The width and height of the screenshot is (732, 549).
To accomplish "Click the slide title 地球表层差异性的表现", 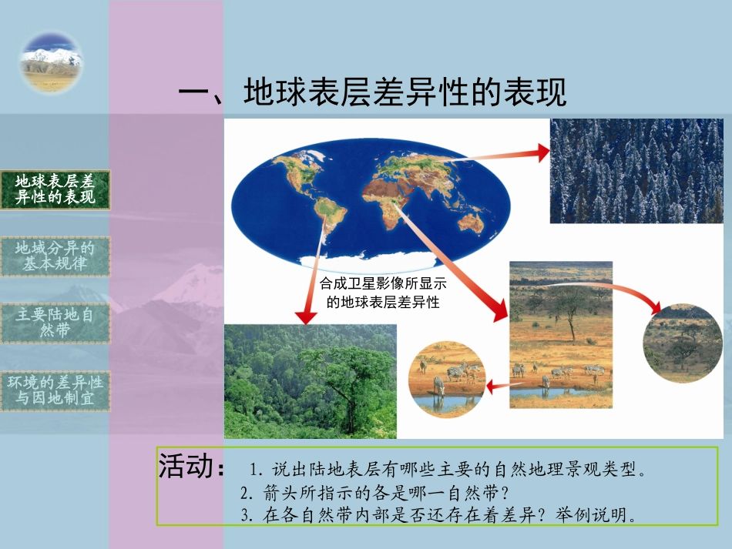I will point(372,94).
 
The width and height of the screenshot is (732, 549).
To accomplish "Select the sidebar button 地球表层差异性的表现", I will point(55,190).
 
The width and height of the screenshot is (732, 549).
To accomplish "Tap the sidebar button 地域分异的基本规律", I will point(55,256).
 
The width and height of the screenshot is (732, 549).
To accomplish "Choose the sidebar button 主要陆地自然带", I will point(55,323).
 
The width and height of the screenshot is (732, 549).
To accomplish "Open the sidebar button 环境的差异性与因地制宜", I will point(55,390).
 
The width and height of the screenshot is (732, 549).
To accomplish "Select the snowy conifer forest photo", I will point(636,171).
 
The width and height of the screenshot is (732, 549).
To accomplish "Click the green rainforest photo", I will point(310,381).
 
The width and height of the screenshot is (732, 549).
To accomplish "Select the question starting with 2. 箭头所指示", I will point(374,491).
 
